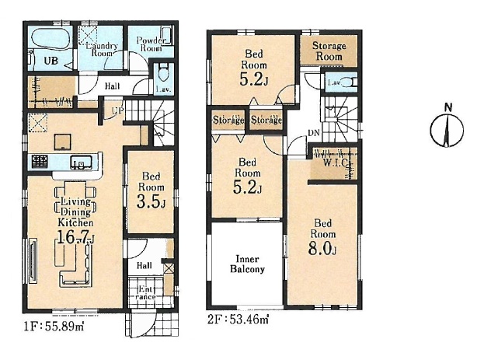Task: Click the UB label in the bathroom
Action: [50, 61]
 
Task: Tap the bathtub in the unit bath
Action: [49, 39]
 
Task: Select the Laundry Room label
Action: [102, 50]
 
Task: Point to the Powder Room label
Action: [151, 44]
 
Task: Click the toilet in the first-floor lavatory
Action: [162, 72]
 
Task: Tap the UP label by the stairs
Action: [118, 110]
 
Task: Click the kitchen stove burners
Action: [40, 162]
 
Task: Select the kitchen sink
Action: [81, 162]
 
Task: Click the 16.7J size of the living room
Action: [75, 237]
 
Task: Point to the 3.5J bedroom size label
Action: [151, 202]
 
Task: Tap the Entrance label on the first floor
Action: [145, 292]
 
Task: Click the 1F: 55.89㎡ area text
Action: [54, 327]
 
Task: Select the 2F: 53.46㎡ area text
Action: [238, 320]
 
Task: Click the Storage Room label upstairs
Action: [329, 51]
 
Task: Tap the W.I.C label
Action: [335, 163]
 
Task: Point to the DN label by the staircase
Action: [314, 133]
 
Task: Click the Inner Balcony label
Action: [247, 264]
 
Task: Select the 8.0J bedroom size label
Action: [322, 249]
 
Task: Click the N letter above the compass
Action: [448, 107]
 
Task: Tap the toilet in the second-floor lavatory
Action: [347, 82]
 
